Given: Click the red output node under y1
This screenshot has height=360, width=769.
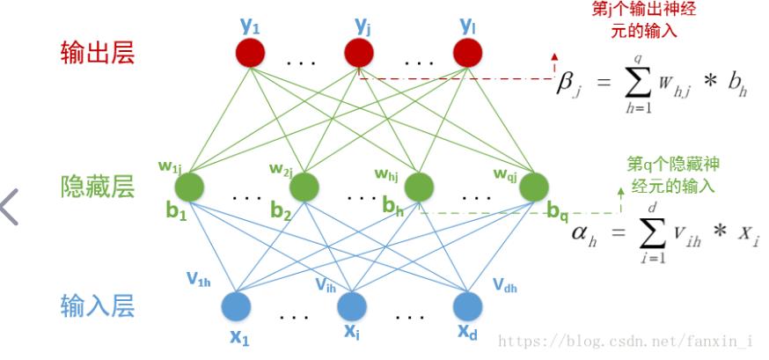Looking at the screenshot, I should (251, 55).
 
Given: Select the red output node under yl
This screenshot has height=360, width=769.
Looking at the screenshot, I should (468, 55).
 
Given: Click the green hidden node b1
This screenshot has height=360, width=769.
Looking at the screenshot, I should (189, 186).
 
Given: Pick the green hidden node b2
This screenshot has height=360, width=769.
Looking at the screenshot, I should (304, 186).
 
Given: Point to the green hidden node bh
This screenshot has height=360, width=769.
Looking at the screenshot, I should (420, 186).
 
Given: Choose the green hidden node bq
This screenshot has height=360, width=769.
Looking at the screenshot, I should (533, 186).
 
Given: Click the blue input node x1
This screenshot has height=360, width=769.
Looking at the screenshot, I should (240, 305).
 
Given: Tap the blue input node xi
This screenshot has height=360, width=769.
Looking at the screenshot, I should (352, 305).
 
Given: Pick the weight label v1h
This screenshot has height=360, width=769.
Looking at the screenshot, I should (198, 279).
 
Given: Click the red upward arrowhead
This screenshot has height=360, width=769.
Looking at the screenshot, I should (555, 58).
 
